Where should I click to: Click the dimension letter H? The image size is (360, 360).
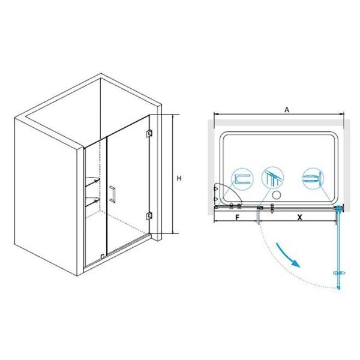pyautogui.click(x=179, y=178)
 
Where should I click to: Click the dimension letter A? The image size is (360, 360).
pyautogui.click(x=287, y=110)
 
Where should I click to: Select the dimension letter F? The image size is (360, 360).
pyautogui.click(x=238, y=217)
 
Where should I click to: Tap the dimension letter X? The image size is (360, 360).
pyautogui.click(x=299, y=217)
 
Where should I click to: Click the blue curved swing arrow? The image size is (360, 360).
pyautogui.click(x=288, y=255)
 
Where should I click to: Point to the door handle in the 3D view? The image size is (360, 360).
pyautogui.click(x=113, y=194)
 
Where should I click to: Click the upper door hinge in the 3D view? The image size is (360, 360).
pyautogui.click(x=149, y=133)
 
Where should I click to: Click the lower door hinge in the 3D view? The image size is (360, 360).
pyautogui.click(x=149, y=216)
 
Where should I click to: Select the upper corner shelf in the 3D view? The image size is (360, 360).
pyautogui.click(x=92, y=181)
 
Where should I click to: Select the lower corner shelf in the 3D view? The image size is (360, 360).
pyautogui.click(x=92, y=202)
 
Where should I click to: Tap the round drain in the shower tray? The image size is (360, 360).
pyautogui.click(x=277, y=196)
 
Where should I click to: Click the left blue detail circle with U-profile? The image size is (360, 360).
pyautogui.click(x=242, y=179)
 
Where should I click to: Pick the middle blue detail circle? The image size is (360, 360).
pyautogui.click(x=272, y=178)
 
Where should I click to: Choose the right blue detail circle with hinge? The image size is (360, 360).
pyautogui.click(x=313, y=178)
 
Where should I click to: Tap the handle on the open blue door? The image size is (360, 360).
pyautogui.click(x=340, y=273)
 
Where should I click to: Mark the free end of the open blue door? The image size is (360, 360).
pyautogui.click(x=338, y=287)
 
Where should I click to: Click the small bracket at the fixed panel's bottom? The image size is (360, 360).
pyautogui.click(x=103, y=256)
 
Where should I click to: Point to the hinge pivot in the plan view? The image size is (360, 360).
pyautogui.click(x=339, y=208)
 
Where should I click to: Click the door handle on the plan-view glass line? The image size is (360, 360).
pyautogui.click(x=272, y=208)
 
